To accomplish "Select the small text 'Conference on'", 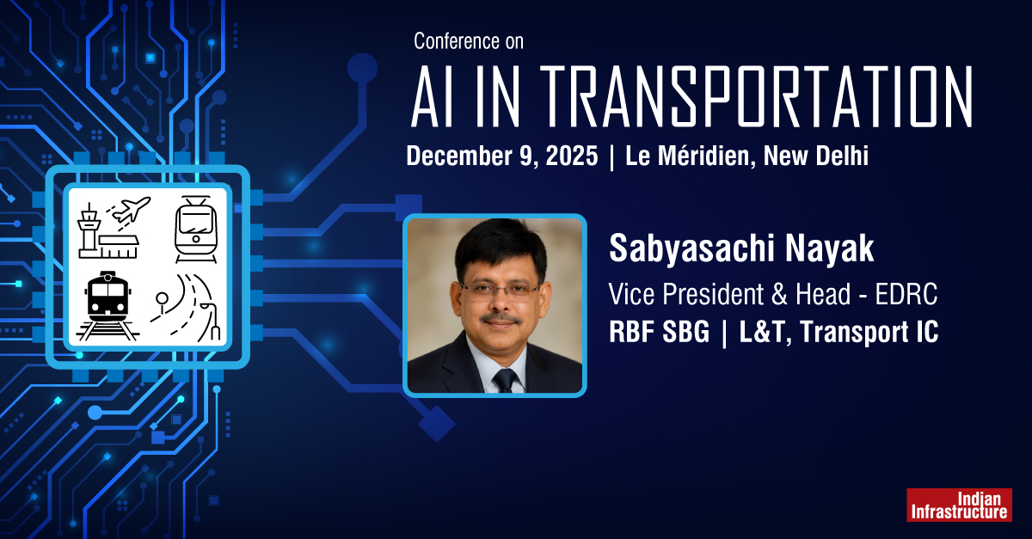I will [x=468, y=40].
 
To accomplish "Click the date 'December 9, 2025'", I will [x=502, y=156].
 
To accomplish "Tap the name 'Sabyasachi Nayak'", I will [x=741, y=249].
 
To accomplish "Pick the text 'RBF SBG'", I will [x=659, y=333].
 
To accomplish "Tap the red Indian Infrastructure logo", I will [x=959, y=505].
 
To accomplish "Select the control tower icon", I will [x=89, y=230].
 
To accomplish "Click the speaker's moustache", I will [x=499, y=319].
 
